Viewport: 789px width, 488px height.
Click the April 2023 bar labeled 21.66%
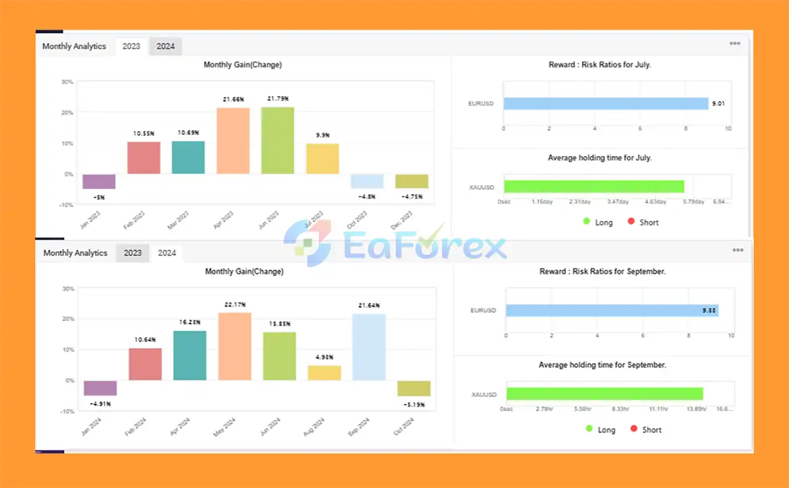click(233, 141)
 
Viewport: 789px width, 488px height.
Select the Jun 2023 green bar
click(277, 141)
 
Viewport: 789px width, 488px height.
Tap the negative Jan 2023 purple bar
click(99, 181)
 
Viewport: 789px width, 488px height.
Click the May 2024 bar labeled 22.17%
click(235, 347)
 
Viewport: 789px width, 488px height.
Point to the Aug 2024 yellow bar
click(324, 373)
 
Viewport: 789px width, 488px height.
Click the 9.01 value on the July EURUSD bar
click(718, 104)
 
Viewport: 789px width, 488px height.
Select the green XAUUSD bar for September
click(604, 394)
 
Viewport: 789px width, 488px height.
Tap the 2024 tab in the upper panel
click(165, 46)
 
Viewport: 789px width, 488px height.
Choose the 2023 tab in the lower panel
click(133, 253)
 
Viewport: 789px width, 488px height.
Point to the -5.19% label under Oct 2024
click(414, 405)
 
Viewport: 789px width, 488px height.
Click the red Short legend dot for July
click(631, 222)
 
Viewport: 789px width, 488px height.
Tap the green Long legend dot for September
click(589, 429)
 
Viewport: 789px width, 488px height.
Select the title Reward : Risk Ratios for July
click(599, 65)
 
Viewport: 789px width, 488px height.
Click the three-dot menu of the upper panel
click(735, 43)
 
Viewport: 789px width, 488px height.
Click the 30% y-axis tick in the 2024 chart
click(68, 289)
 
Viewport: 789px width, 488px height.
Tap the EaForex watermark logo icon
click(306, 242)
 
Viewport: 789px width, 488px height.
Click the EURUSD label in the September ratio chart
click(483, 310)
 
